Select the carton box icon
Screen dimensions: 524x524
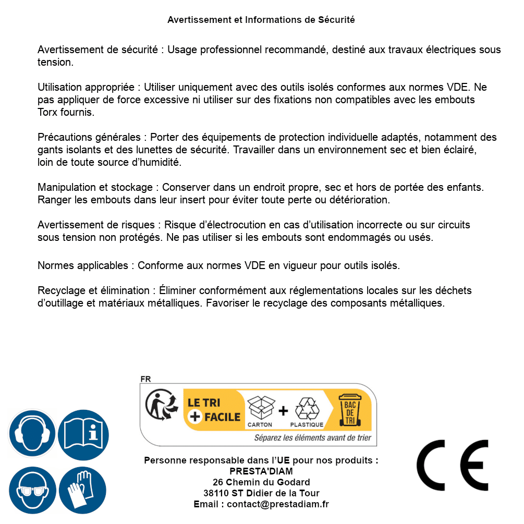click(x=260, y=408)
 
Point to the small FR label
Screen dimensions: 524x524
click(x=145, y=379)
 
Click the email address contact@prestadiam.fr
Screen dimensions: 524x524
click(x=278, y=504)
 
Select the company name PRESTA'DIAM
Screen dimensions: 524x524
click(x=261, y=471)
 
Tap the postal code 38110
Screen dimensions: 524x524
click(x=215, y=493)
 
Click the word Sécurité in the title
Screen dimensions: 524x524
click(x=336, y=20)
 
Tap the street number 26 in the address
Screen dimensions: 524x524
click(x=218, y=482)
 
